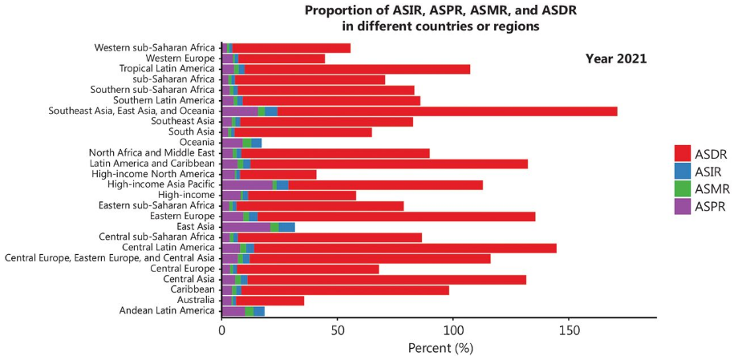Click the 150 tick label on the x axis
tap(569, 330)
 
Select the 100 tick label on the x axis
tap(453, 330)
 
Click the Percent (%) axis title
tap(440, 348)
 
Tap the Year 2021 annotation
tap(616, 59)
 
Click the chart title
tap(440, 18)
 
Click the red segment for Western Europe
tap(282, 59)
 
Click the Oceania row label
tap(192, 143)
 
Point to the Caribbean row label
tap(193, 289)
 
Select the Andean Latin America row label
tap(167, 310)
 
